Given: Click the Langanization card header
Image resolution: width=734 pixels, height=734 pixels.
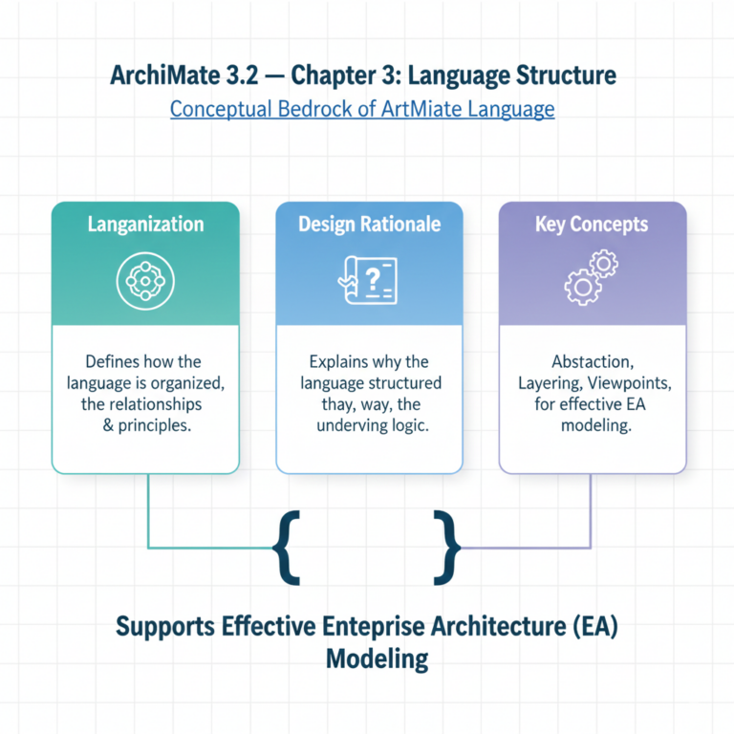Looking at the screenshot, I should tap(145, 225).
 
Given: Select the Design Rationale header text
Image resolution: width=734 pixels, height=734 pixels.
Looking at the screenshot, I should tap(369, 225).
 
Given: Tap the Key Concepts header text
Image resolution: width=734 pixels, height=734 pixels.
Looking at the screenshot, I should tap(592, 225).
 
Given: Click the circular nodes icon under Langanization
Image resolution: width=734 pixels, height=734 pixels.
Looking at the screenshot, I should tap(145, 279).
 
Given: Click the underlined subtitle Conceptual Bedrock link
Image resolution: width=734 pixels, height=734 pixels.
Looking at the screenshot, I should tap(362, 109).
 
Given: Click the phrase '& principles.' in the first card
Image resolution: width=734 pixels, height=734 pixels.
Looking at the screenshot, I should tap(146, 425).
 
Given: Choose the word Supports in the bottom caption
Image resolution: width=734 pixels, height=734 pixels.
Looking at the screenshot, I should tap(164, 627).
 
